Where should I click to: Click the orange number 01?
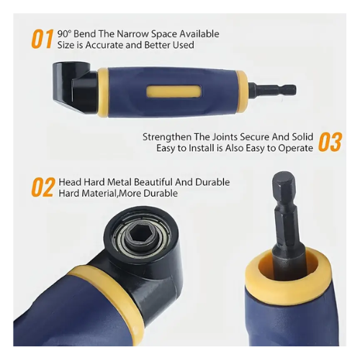pyautogui.click(x=42, y=39)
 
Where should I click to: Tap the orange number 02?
pyautogui.click(x=43, y=187)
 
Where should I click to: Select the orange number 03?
pyautogui.click(x=330, y=142)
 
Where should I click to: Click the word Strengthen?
pyautogui.click(x=167, y=138)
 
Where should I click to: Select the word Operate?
pyautogui.click(x=295, y=148)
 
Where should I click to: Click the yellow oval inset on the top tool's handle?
pyautogui.click(x=174, y=92)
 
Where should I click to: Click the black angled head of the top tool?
pyautogui.click(x=74, y=87)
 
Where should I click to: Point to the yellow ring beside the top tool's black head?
pyautogui.click(x=103, y=93)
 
